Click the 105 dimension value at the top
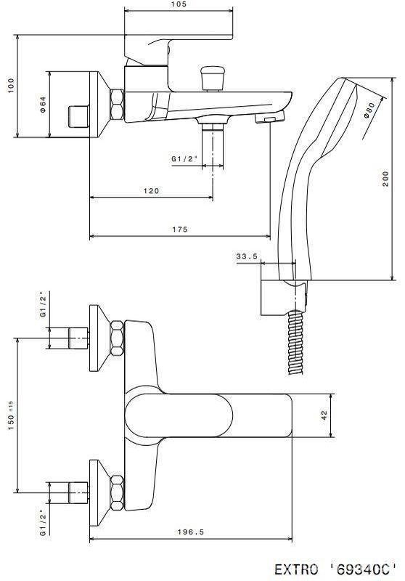(x=179, y=4)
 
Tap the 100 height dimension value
(x=11, y=86)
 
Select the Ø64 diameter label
(x=43, y=105)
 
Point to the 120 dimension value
(x=151, y=191)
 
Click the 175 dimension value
(x=180, y=229)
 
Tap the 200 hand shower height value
(x=385, y=179)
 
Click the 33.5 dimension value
(x=247, y=256)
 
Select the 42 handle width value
(x=324, y=415)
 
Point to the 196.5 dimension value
(x=191, y=532)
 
